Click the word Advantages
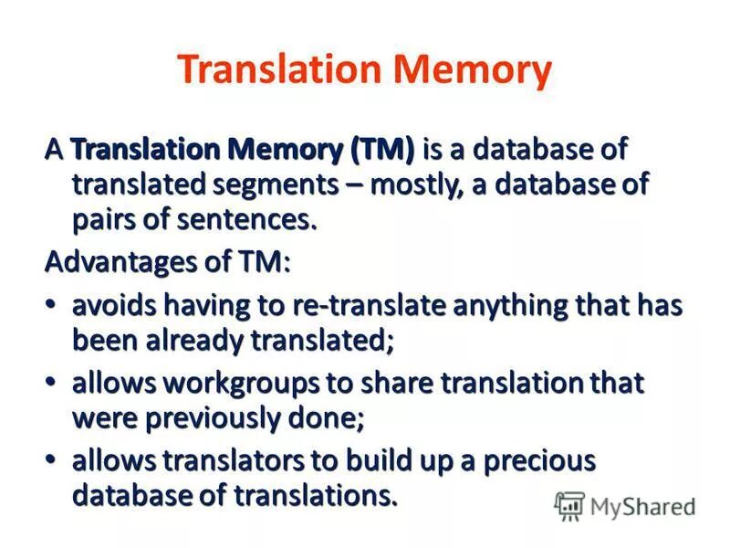(x=116, y=263)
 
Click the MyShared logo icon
(x=569, y=505)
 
